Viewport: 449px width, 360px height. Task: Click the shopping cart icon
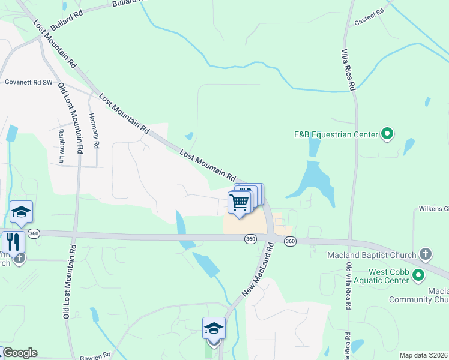(240, 203)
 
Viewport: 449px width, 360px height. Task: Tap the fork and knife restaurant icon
(13, 242)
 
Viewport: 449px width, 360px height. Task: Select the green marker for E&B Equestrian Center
(387, 134)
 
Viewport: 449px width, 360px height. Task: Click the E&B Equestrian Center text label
(335, 134)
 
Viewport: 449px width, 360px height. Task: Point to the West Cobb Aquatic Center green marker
(418, 275)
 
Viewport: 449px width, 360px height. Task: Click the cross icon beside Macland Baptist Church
(426, 254)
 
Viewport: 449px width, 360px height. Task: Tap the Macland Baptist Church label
(372, 255)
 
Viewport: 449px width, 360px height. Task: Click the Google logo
(19, 353)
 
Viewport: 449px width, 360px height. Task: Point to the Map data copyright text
(424, 355)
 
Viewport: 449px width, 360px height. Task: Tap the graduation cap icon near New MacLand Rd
(214, 328)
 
